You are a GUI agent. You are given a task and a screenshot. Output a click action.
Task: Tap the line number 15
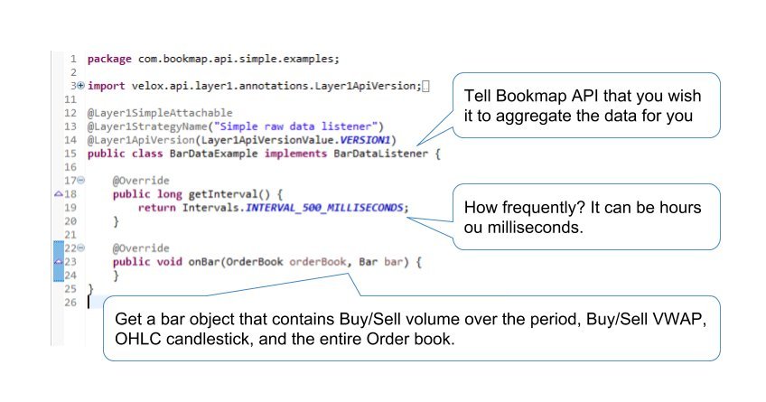click(x=70, y=154)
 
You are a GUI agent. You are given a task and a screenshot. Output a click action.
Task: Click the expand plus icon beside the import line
click(x=81, y=86)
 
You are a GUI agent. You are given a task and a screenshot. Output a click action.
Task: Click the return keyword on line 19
click(x=155, y=207)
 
